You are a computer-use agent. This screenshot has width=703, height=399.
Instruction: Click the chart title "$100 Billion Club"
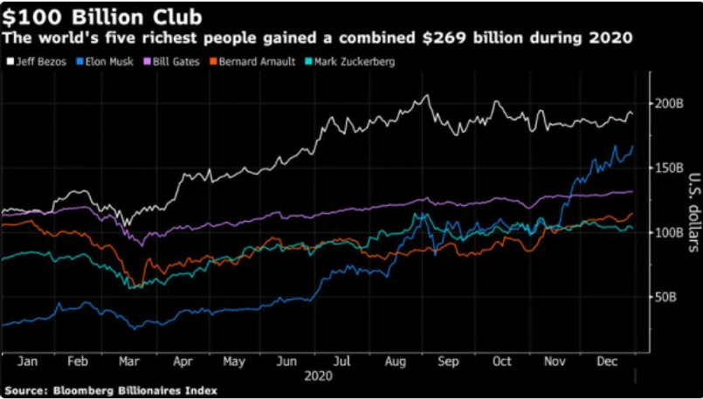coord(106,16)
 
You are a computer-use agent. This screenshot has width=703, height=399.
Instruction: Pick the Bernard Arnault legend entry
coord(247,60)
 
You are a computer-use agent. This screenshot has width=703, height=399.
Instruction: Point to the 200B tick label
coord(667,103)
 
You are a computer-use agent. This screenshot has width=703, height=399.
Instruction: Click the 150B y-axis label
coord(667,168)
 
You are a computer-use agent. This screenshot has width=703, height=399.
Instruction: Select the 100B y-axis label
coord(667,233)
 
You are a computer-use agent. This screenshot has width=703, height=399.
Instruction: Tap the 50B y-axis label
coord(665,298)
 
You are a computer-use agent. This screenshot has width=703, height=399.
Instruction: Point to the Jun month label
coord(287,361)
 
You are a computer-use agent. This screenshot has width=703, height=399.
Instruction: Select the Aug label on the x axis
coord(394,361)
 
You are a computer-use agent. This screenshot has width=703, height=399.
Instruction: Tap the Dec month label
coord(607,361)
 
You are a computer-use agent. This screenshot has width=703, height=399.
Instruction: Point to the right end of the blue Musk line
coord(632,147)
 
